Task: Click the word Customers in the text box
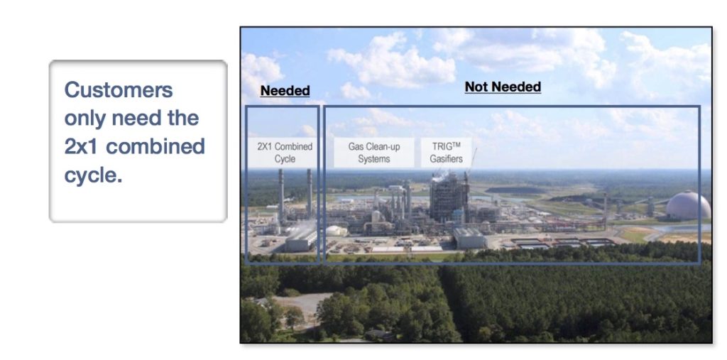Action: tap(119, 89)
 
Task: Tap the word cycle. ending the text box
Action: tap(93, 175)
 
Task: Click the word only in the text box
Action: tap(85, 119)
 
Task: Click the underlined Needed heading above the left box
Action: tap(285, 91)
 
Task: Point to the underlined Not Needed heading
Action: tap(503, 87)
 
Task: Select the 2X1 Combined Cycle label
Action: tap(285, 153)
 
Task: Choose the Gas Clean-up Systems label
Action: tap(373, 153)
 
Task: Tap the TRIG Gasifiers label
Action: tap(446, 153)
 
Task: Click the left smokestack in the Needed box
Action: tap(281, 195)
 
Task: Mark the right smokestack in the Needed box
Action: tap(310, 193)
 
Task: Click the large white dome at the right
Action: tap(688, 205)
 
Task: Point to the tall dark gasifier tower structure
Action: tap(449, 198)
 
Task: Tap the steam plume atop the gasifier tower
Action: tap(440, 177)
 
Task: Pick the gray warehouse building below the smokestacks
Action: tap(300, 240)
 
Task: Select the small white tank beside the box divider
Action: tap(336, 231)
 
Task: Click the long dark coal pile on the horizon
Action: tap(515, 190)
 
